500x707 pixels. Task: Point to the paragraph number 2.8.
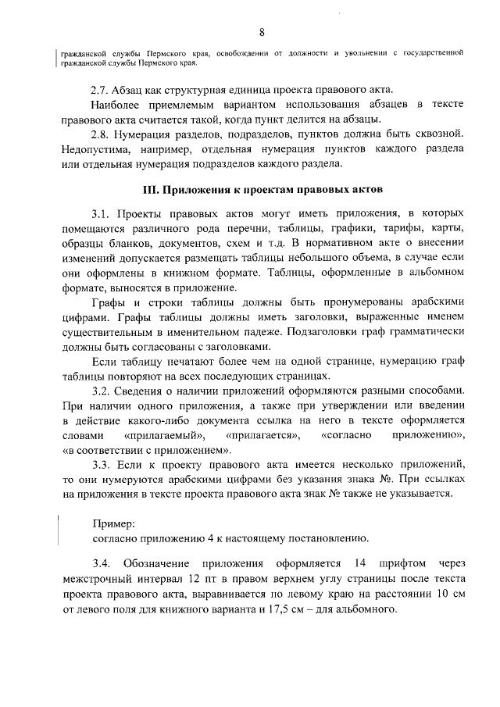point(102,134)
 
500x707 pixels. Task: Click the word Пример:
point(114,523)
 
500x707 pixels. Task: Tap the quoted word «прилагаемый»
point(159,434)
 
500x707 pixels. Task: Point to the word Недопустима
point(93,149)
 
